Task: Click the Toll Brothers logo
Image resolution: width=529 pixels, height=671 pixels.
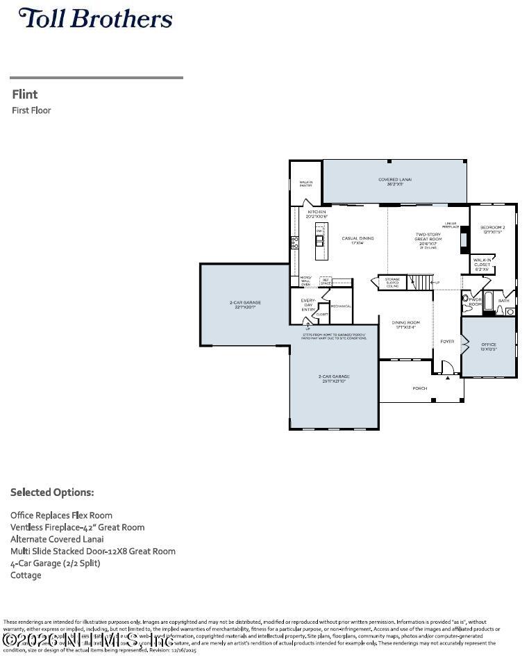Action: (x=95, y=19)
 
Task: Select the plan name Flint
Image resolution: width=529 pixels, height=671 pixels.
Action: (x=25, y=94)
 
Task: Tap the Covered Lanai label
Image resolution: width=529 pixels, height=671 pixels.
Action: (x=394, y=181)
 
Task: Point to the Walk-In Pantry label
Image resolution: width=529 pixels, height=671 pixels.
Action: (x=305, y=184)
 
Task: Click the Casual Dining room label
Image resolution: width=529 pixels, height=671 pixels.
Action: (x=358, y=238)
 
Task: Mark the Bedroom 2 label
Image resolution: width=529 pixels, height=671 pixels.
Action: (x=493, y=229)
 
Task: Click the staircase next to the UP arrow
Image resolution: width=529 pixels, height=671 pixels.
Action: (x=419, y=282)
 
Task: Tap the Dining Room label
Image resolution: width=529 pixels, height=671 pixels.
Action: (x=405, y=324)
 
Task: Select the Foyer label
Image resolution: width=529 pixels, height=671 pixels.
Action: (x=447, y=341)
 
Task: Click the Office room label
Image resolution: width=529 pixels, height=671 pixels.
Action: (x=489, y=345)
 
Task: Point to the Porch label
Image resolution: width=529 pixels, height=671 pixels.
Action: (x=419, y=388)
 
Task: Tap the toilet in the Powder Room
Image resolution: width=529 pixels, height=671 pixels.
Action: (x=466, y=299)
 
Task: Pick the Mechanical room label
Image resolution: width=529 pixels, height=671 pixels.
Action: (x=340, y=306)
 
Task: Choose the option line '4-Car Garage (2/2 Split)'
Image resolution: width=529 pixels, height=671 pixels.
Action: (x=56, y=563)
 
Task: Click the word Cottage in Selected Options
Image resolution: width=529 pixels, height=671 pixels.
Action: (x=26, y=575)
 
